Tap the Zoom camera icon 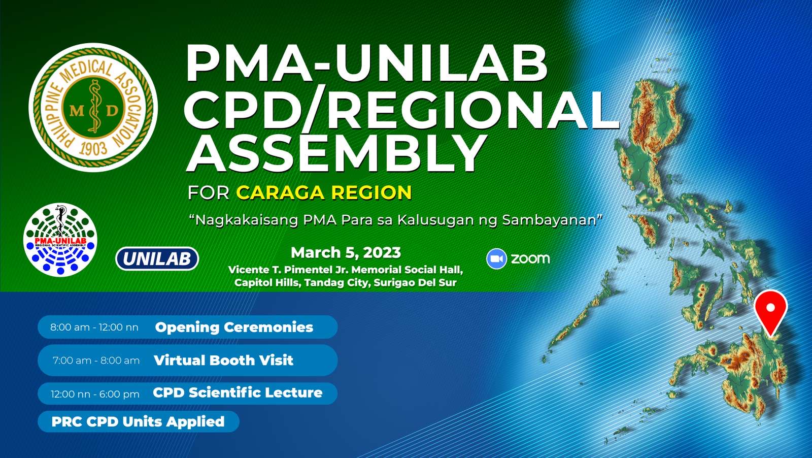(x=496, y=258)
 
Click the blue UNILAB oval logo (x=157, y=258)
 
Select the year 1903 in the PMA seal (x=93, y=148)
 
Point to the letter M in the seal (x=77, y=110)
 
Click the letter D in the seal (x=112, y=110)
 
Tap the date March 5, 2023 (x=346, y=252)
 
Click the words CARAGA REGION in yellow (x=324, y=192)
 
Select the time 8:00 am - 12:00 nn (x=94, y=328)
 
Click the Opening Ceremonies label (x=234, y=328)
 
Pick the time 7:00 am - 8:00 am (x=96, y=361)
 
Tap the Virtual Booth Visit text (x=223, y=361)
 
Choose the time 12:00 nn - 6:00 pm (x=95, y=394)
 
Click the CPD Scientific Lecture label (x=238, y=392)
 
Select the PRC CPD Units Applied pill (x=139, y=421)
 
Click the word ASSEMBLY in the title (x=335, y=154)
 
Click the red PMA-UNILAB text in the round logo (x=60, y=241)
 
